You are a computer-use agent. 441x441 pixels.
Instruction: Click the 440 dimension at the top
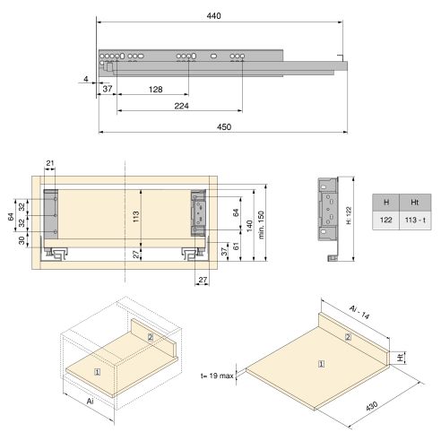click(x=213, y=16)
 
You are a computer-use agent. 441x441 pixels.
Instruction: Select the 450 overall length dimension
click(x=224, y=127)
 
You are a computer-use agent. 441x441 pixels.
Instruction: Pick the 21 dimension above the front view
click(x=50, y=162)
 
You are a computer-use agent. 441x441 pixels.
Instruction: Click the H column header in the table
click(x=385, y=202)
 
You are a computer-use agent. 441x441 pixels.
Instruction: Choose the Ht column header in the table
click(x=413, y=202)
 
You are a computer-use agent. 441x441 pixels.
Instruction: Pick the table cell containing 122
click(x=385, y=219)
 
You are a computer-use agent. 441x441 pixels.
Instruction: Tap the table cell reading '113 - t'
click(x=413, y=219)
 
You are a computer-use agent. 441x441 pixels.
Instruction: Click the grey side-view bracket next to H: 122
click(x=328, y=216)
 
